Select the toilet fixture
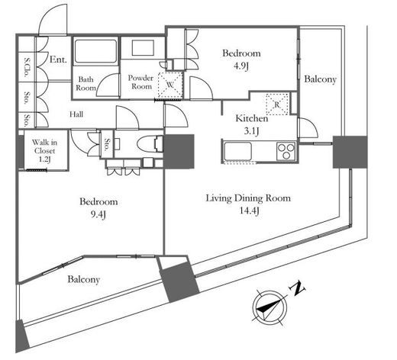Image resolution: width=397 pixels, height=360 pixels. click(x=150, y=144)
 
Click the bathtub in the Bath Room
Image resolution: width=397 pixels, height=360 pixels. click(x=95, y=51)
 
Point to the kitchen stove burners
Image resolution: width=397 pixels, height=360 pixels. click(x=286, y=151)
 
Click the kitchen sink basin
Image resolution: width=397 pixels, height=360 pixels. click(x=237, y=151)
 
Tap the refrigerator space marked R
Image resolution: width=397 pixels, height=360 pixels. click(x=277, y=104)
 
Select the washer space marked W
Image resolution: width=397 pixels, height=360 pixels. click(x=170, y=85)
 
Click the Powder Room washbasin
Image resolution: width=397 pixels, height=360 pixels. click(x=143, y=48)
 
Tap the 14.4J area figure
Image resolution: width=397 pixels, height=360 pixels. click(x=250, y=211)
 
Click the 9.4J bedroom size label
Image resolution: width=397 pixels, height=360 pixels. click(x=98, y=215)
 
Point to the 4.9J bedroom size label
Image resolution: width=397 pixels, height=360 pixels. click(x=241, y=66)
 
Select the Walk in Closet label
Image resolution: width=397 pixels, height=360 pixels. click(x=44, y=146)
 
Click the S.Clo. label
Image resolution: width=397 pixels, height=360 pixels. click(x=26, y=67)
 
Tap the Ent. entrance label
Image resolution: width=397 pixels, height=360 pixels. click(x=58, y=59)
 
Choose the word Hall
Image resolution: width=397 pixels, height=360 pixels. click(x=76, y=114)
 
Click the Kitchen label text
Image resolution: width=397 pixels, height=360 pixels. click(x=252, y=118)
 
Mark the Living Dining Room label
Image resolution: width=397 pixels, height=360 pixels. click(x=248, y=198)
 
